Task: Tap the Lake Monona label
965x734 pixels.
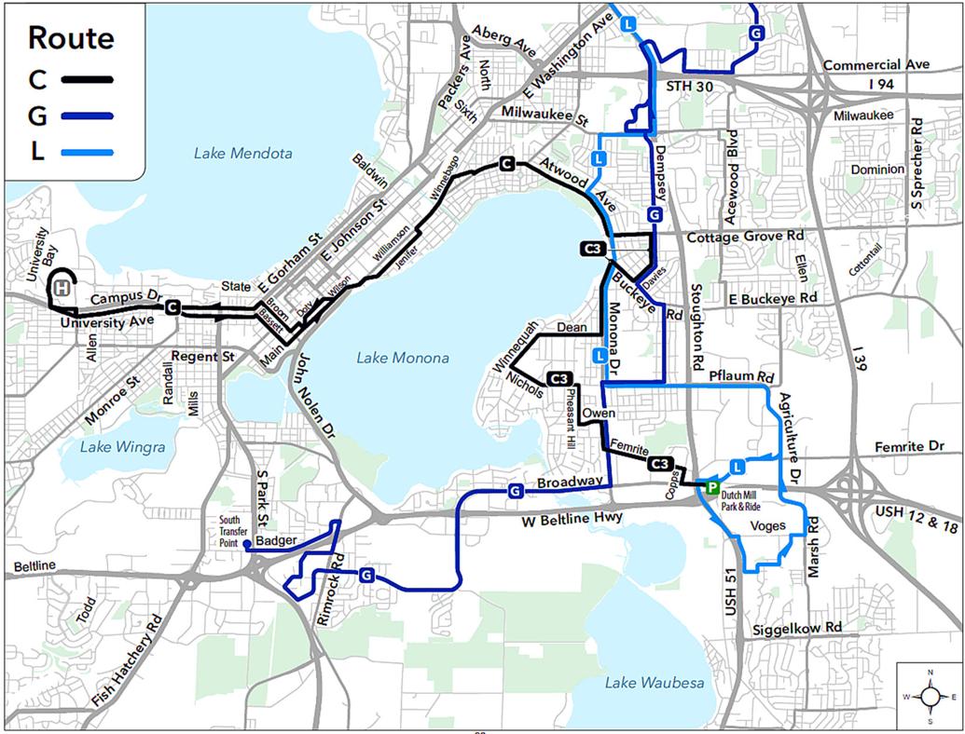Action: pos(403,358)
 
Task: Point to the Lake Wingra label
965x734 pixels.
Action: pos(122,447)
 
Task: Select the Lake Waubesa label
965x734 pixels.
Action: pos(655,684)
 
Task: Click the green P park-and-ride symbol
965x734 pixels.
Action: pos(710,488)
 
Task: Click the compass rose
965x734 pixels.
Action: pos(929,695)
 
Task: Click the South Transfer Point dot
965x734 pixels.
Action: pos(246,544)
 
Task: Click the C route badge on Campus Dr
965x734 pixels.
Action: pos(172,306)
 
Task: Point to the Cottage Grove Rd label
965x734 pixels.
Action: pos(744,237)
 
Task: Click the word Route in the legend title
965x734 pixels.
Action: pos(71,38)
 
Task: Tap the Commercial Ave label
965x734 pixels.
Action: pos(875,65)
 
